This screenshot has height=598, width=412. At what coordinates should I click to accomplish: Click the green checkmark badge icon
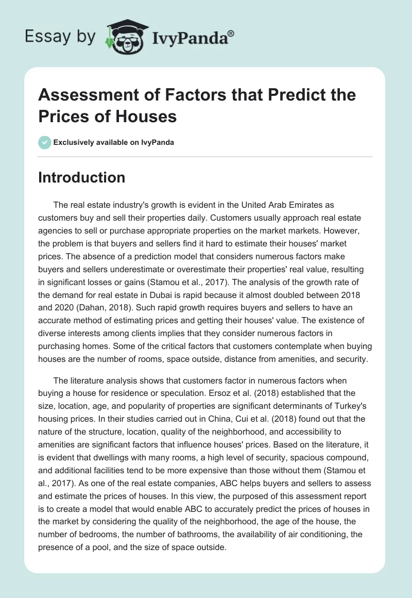point(44,142)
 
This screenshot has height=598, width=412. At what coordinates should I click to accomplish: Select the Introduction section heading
point(82,178)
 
